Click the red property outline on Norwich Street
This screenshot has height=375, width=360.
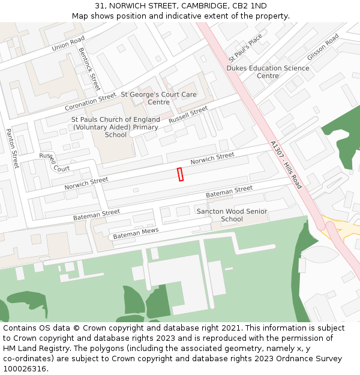(180, 174)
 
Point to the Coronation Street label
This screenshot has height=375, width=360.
(90, 101)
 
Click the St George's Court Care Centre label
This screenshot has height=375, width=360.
(158, 98)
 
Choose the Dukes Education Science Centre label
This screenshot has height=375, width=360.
(268, 72)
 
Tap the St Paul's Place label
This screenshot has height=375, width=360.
(245, 48)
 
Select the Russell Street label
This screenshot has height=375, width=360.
(188, 115)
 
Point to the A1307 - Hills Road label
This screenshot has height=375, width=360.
(286, 165)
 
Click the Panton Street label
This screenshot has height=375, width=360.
(13, 148)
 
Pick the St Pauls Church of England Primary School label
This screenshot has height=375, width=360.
(116, 127)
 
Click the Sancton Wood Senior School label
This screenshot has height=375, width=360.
(232, 215)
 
